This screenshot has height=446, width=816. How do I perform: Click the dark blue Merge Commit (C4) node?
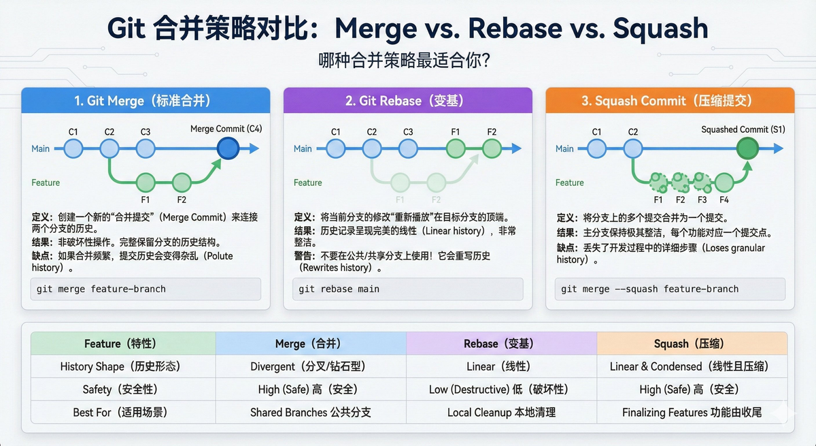[x=228, y=148]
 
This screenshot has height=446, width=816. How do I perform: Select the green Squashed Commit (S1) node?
[x=747, y=148]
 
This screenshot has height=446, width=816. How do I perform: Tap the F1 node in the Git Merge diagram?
[x=146, y=182]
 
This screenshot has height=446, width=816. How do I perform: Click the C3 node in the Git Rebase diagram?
[x=407, y=148]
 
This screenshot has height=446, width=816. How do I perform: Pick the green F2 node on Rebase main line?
[x=492, y=148]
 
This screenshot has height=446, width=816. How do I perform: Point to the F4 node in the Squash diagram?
[x=724, y=182]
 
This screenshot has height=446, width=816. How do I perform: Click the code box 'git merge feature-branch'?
[x=146, y=289]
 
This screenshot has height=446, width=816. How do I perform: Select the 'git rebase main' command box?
[x=408, y=289]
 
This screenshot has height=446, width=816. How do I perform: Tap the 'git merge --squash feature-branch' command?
[x=670, y=289]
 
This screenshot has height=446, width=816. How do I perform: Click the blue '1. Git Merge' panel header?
[x=146, y=101]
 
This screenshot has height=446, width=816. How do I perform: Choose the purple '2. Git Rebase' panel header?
[x=408, y=101]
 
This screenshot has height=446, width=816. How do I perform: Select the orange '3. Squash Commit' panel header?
[x=670, y=101]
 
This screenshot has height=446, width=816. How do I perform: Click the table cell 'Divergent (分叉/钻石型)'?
[x=310, y=366]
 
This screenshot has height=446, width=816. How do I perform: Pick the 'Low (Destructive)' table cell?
[x=500, y=389]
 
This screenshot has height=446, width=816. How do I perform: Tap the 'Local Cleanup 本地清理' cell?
[x=500, y=412]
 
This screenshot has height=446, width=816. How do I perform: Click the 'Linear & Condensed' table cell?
[x=692, y=366]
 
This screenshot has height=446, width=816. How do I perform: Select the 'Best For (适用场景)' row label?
[x=122, y=412]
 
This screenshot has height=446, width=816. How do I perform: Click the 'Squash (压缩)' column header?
[x=692, y=343]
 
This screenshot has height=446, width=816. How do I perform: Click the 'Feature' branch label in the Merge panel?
[x=46, y=182]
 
